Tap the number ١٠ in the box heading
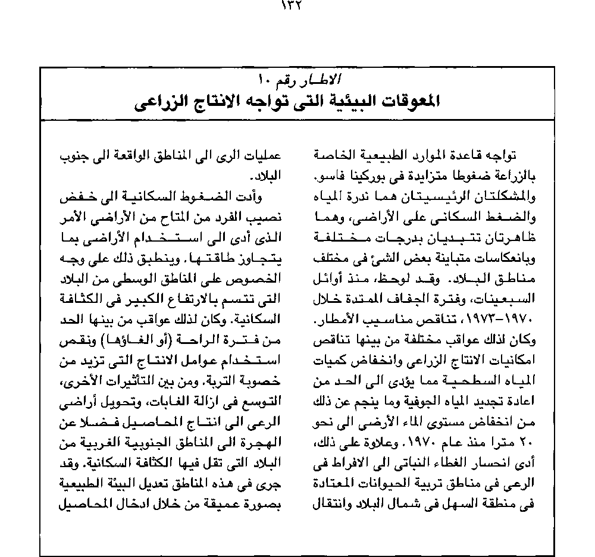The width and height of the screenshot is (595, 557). coord(264,79)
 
